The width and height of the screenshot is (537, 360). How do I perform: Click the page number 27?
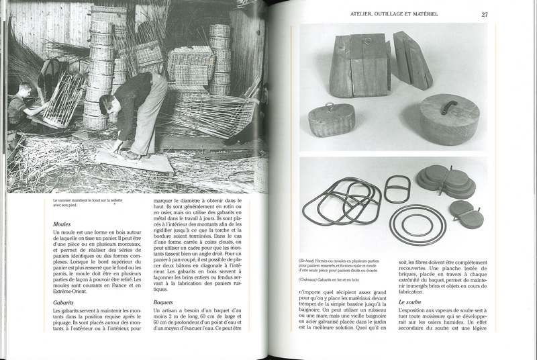point(485,13)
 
